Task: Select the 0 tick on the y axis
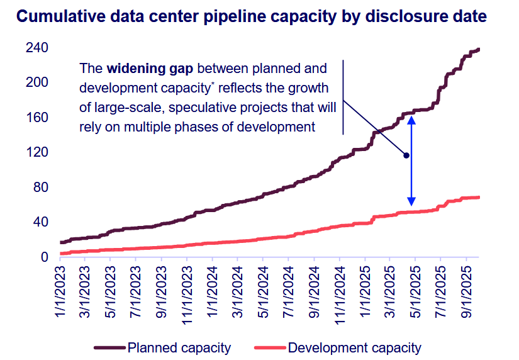(45, 257)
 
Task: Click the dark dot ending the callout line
(406, 155)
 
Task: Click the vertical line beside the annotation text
(343, 97)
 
